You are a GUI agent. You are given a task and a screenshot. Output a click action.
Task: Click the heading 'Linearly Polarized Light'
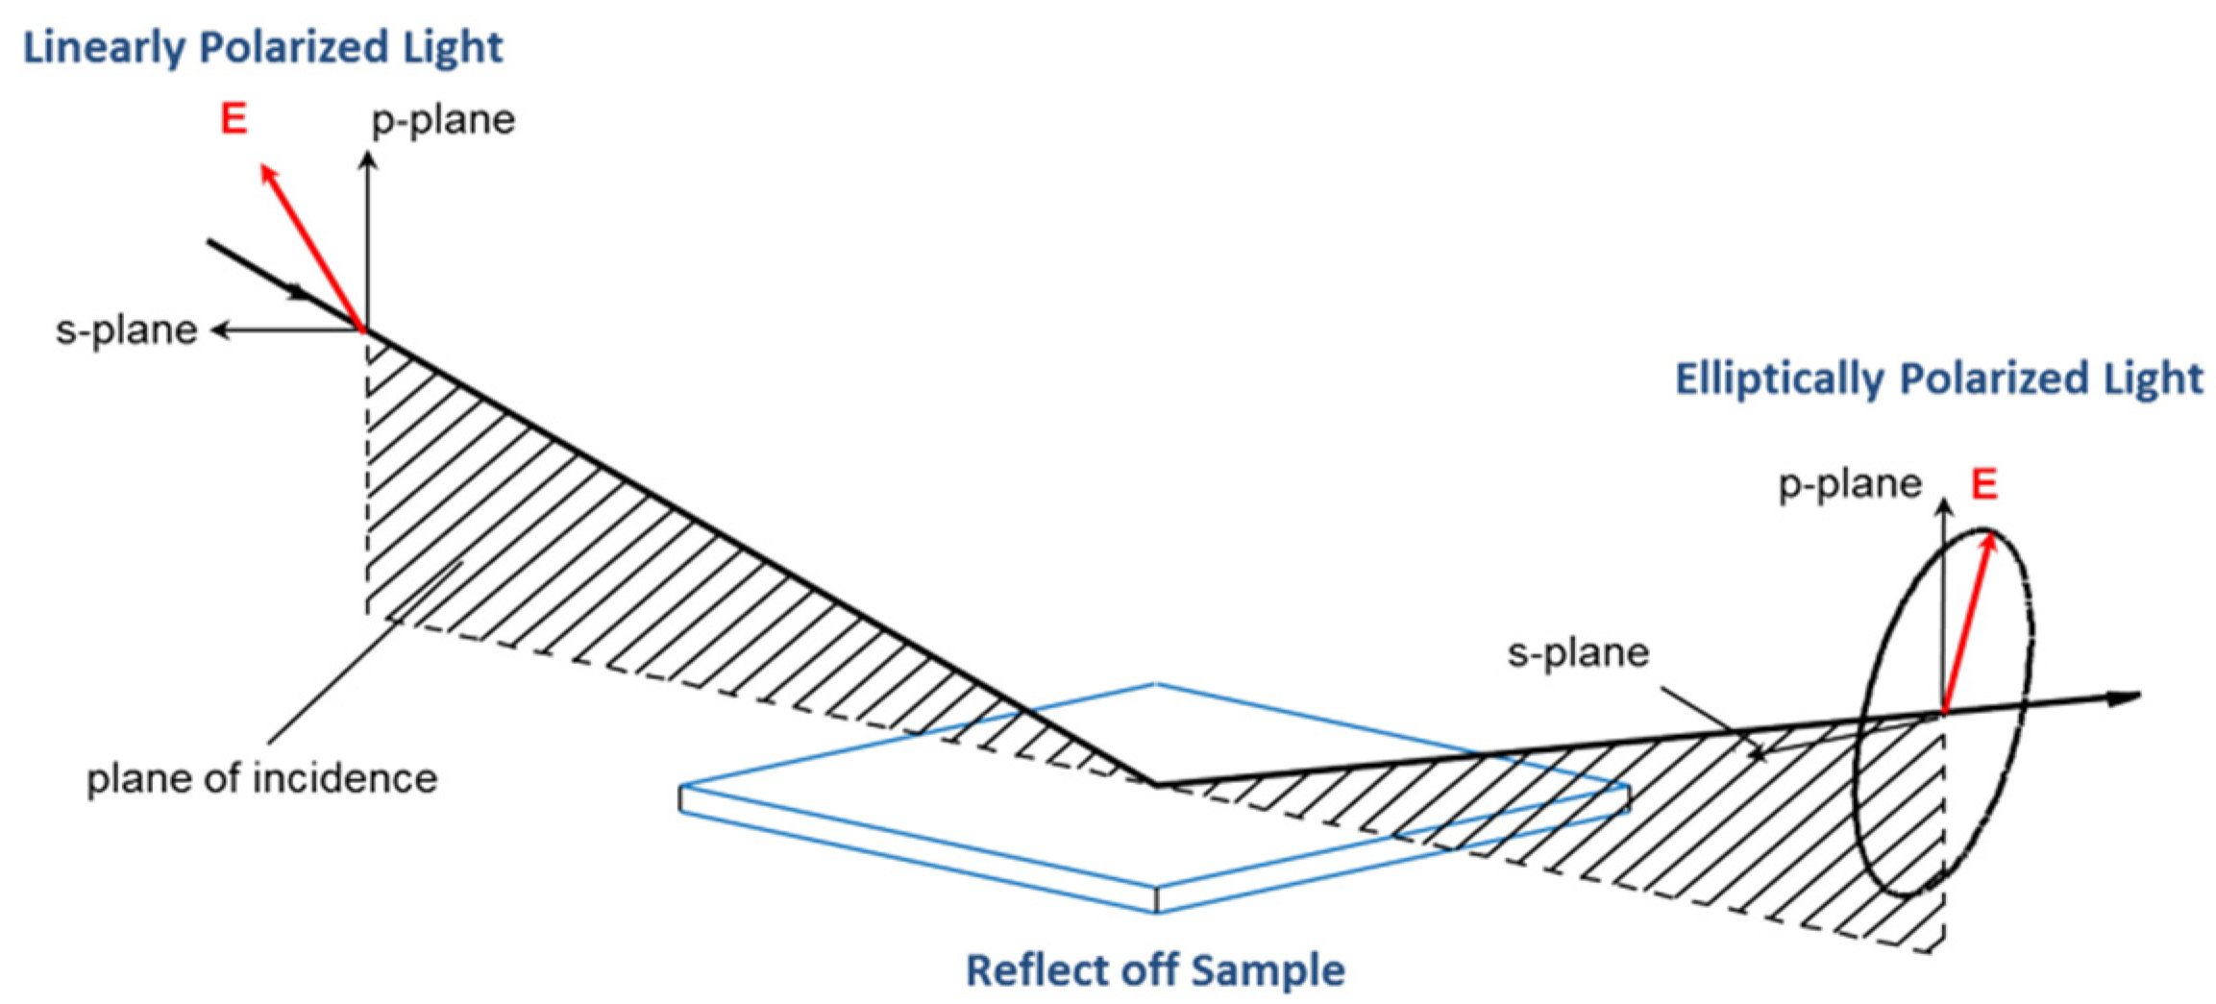pos(262,48)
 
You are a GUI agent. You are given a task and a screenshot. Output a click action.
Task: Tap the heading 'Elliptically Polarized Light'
pos(1938,379)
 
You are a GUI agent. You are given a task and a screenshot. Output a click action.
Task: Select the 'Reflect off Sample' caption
pos(1154,969)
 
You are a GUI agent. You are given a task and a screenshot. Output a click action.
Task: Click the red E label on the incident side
pos(234,119)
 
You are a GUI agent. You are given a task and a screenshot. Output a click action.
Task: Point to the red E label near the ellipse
pos(1984,484)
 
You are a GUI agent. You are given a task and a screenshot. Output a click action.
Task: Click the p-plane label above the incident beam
pos(443,121)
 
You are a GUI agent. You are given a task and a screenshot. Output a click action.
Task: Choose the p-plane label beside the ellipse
pos(1849,484)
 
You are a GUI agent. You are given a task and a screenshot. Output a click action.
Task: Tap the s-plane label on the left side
pos(126,331)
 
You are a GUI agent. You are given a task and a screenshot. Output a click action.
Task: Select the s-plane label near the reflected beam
pos(1578,653)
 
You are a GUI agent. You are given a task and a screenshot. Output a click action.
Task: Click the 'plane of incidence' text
pos(261,778)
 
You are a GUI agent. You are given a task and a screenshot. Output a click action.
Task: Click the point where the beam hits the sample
pos(1154,784)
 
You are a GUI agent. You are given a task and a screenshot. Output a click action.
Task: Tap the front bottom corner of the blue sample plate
pos(1156,909)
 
